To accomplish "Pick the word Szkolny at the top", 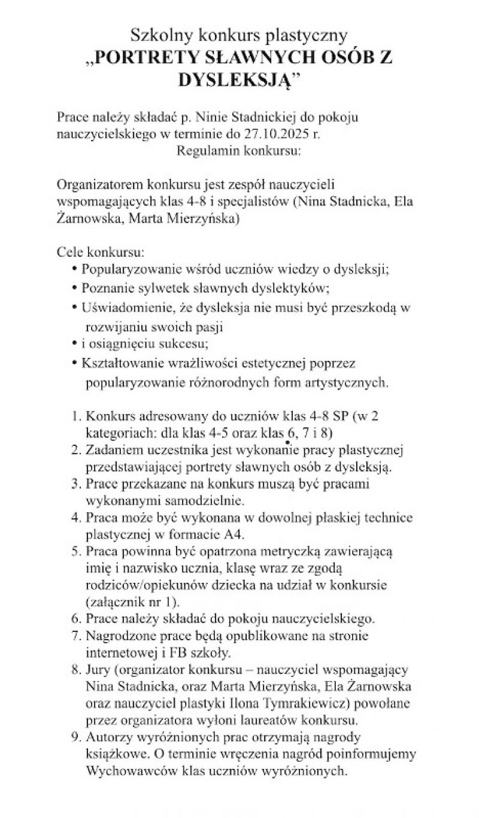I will coord(159,37).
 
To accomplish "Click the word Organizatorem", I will coord(100,186).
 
